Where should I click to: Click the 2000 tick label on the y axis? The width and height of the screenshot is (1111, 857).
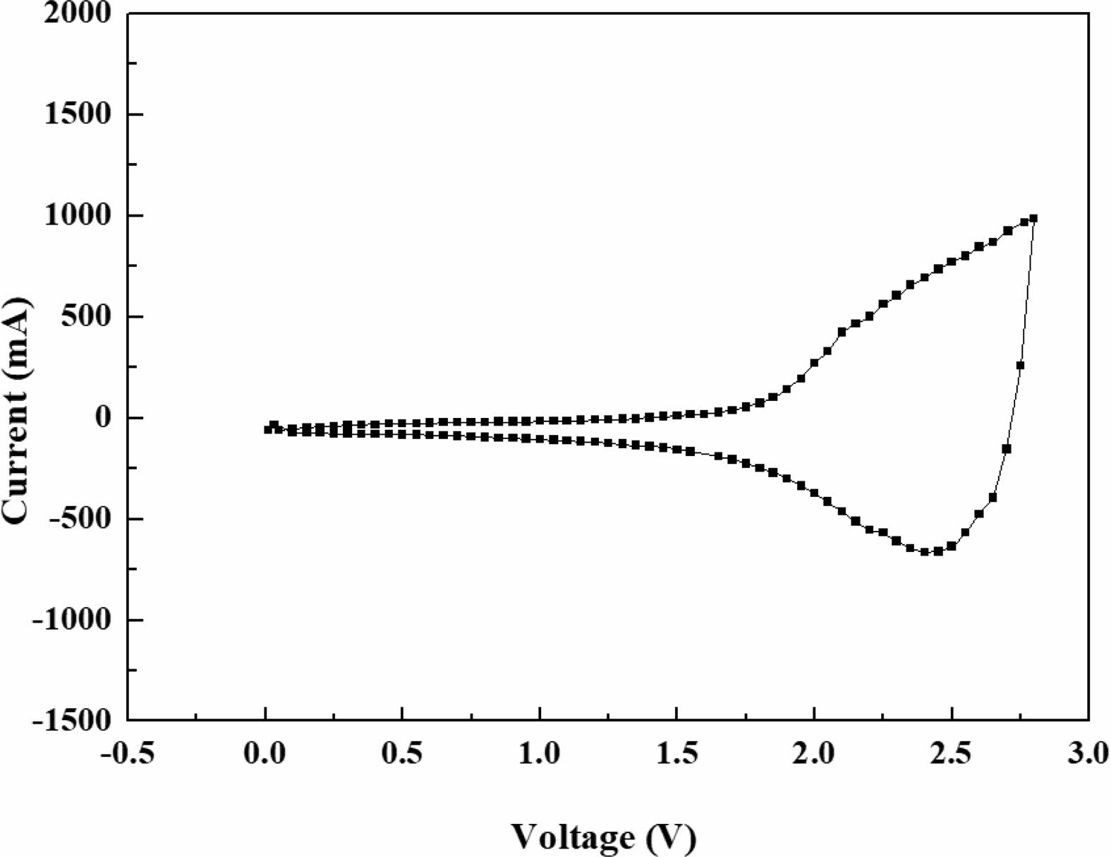pos(78,13)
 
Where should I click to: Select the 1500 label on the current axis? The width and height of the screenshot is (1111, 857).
pos(78,114)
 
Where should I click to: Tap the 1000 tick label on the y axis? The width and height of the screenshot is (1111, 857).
pos(78,215)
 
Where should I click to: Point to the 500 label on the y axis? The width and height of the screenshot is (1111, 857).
pos(87,316)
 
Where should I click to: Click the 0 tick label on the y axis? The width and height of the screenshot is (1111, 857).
pos(104,417)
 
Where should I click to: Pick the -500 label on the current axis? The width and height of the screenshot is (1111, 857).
pos(80,519)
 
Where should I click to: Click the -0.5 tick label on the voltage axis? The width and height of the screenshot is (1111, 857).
pos(128,754)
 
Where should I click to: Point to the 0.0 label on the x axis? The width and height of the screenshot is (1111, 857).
pos(265,754)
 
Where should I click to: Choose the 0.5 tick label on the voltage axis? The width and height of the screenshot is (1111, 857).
pos(402,754)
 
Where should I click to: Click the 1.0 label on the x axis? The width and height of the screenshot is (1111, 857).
pos(540,754)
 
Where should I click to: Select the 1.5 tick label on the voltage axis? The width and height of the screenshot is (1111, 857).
pos(676,754)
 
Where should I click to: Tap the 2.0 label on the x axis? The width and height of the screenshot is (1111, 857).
pos(814,754)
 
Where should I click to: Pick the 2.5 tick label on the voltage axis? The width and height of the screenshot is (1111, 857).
pos(951,754)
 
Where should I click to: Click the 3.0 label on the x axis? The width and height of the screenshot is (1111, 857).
pos(1088,754)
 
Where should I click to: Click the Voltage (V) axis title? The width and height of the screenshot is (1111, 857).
pos(604,838)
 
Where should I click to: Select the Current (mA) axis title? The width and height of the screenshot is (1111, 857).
pos(17,410)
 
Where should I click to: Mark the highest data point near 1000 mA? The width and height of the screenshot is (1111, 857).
pos(1033,219)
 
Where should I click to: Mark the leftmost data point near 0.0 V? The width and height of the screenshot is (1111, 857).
pos(267,429)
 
